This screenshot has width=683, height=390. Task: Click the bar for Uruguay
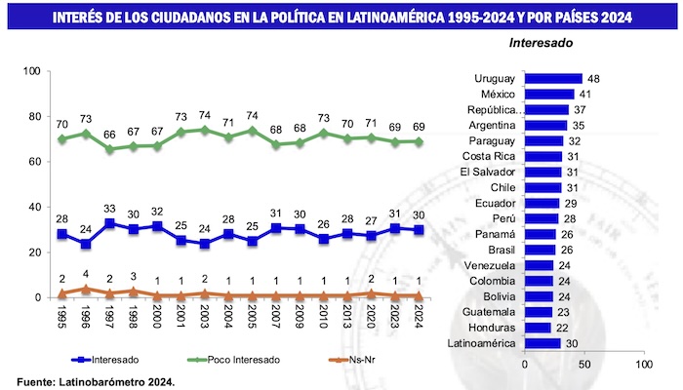coord(553,79)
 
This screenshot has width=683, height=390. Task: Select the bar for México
coord(549,95)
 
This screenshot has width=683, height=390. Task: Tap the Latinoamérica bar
coord(542,343)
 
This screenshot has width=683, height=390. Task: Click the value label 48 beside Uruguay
coord(591,79)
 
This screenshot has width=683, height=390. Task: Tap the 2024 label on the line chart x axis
coord(421,318)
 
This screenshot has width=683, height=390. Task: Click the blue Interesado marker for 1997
coord(109,223)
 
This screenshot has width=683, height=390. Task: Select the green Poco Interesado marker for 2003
coord(204,130)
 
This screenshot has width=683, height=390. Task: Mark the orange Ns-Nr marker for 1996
coord(86,289)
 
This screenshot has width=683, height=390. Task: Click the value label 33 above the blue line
coord(109,210)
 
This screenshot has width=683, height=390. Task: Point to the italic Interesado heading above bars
coord(542,43)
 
